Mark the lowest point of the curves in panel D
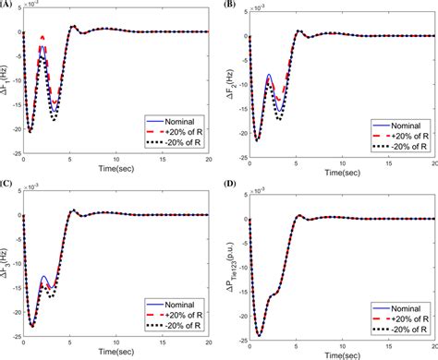tap(259, 333)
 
